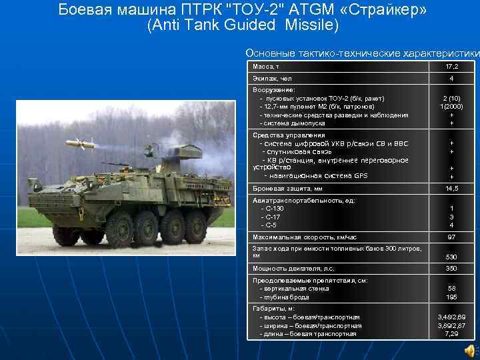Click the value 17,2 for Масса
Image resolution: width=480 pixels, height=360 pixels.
click(451, 67)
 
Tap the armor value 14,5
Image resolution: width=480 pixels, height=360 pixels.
click(451, 189)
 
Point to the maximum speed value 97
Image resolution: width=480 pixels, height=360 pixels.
click(451, 237)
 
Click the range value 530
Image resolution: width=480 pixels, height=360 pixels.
click(451, 257)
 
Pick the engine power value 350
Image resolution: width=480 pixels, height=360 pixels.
click(451, 269)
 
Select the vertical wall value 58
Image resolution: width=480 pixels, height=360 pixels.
click(451, 289)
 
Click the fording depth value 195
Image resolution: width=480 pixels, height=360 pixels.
click(451, 297)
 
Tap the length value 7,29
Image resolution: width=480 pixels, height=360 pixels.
click(451, 334)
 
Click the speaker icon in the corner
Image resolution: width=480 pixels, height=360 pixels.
click(470, 350)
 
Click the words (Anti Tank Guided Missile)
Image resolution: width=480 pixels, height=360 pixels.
click(243, 26)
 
